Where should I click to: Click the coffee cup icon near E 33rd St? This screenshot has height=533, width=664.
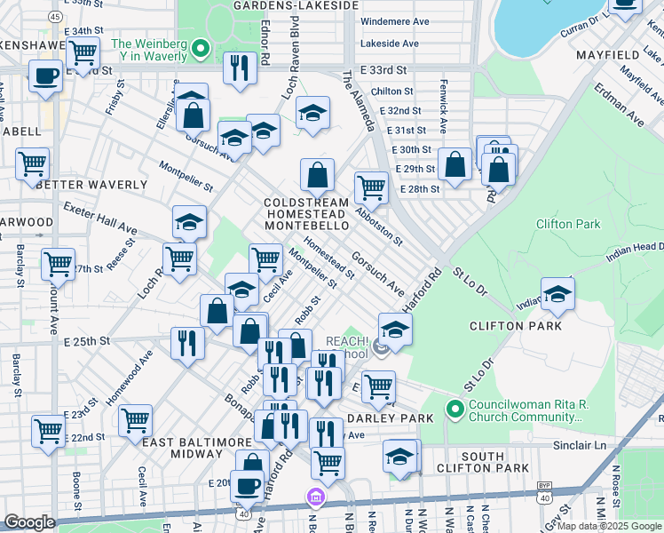(45, 76)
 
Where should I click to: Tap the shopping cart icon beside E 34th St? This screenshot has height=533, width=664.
(83, 52)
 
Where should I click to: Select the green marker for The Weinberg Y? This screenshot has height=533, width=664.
(201, 49)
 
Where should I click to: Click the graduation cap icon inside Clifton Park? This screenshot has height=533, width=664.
(557, 295)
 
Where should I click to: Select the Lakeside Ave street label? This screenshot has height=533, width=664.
(389, 43)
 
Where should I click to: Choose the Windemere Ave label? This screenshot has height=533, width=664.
(396, 20)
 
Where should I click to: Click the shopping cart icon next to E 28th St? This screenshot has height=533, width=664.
(371, 187)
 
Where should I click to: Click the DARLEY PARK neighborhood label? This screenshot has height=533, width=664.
(395, 418)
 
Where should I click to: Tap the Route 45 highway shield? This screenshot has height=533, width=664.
(54, 17)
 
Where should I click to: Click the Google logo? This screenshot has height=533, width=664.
(29, 522)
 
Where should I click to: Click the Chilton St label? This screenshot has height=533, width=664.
(392, 91)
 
